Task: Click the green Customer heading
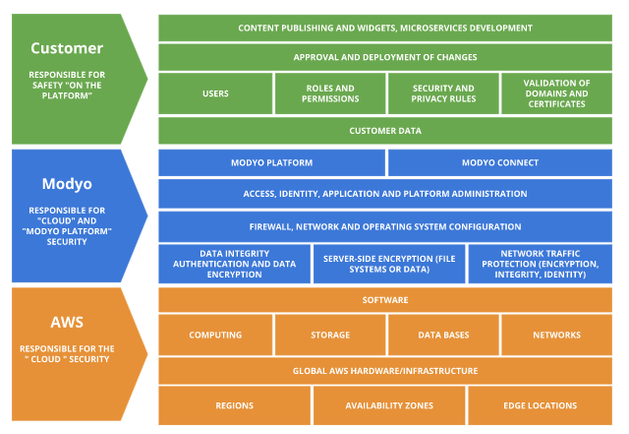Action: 66,48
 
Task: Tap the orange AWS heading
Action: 66,323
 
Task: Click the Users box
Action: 215,93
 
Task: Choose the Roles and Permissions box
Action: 329,93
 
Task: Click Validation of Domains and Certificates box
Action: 556,93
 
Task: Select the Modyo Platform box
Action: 271,162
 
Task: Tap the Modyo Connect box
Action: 500,162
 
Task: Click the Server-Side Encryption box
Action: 389,264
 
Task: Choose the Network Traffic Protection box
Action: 541,264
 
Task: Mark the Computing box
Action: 215,335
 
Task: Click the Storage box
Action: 329,335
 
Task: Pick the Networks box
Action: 556,335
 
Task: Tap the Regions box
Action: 234,404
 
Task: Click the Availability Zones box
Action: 389,404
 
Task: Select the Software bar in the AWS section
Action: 385,299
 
